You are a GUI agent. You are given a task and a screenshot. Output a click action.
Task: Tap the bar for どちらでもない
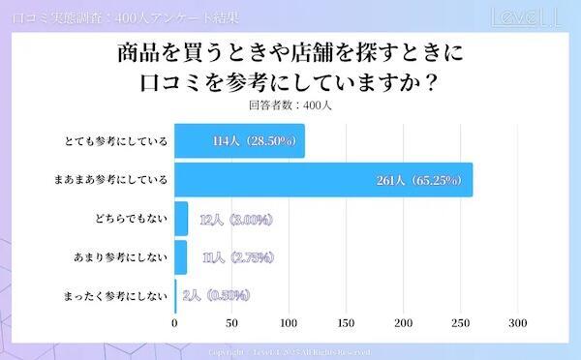(x=181, y=220)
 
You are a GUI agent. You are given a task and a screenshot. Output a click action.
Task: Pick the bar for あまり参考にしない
(x=180, y=257)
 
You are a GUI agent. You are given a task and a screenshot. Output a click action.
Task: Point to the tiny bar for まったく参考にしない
(x=175, y=295)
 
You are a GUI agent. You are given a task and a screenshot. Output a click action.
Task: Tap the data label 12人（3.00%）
(x=235, y=220)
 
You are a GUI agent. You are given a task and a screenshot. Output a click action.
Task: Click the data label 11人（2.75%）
(x=235, y=257)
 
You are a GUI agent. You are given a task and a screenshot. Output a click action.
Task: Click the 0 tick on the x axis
(x=174, y=324)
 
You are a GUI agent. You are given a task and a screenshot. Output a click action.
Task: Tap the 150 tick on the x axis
(x=346, y=324)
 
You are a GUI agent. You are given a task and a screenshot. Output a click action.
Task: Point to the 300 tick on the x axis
(x=517, y=324)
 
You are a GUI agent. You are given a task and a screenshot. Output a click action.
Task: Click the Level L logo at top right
(x=527, y=17)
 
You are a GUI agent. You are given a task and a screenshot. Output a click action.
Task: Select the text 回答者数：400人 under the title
(x=290, y=105)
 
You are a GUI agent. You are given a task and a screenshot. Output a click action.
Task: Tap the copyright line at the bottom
(x=290, y=351)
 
